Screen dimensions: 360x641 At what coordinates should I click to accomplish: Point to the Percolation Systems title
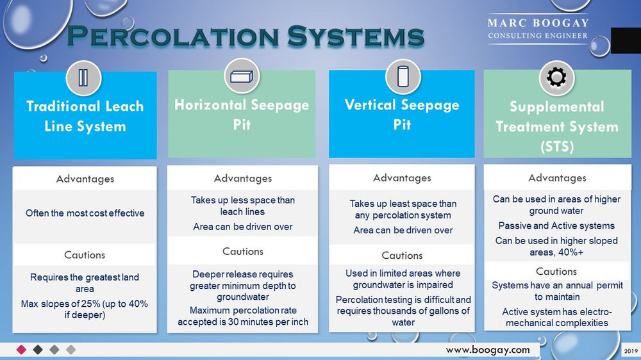pos(246,37)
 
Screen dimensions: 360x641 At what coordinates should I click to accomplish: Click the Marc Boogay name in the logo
pos(538,23)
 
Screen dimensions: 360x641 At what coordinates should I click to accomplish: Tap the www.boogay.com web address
pos(488,350)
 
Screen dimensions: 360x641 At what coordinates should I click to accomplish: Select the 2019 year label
pos(631,350)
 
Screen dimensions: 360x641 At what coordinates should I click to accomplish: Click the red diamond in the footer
pos(21,350)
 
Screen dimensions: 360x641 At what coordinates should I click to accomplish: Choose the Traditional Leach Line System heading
pos(85,116)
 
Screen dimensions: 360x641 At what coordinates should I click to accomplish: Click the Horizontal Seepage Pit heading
pos(242,113)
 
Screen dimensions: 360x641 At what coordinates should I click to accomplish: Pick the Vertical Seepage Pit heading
pos(402,113)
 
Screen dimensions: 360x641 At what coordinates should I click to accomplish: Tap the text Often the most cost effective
pos(85,213)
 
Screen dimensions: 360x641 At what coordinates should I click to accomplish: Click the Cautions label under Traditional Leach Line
pos(85,255)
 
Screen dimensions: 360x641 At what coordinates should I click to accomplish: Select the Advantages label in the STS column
pos(556,177)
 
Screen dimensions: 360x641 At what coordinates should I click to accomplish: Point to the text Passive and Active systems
pos(556,225)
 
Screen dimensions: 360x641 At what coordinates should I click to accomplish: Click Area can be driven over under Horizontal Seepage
pos(242,227)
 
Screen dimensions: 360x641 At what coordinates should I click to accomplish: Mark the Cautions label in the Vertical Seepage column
pos(402,256)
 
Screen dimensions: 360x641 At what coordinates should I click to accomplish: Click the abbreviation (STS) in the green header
pos(556,147)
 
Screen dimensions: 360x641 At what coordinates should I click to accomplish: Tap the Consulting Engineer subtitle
pos(538,36)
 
